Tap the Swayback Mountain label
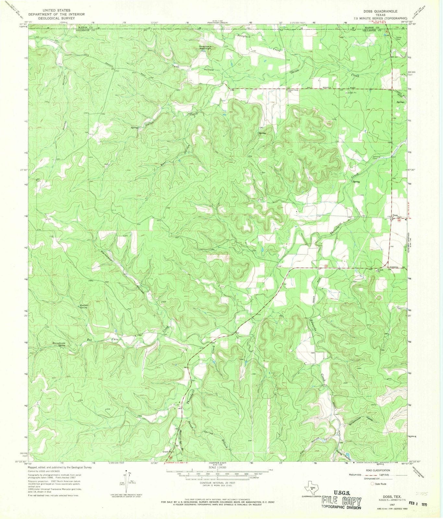point(205,47)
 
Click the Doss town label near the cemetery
point(395,215)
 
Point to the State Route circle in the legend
point(373,484)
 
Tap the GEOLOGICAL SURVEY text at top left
point(56,18)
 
